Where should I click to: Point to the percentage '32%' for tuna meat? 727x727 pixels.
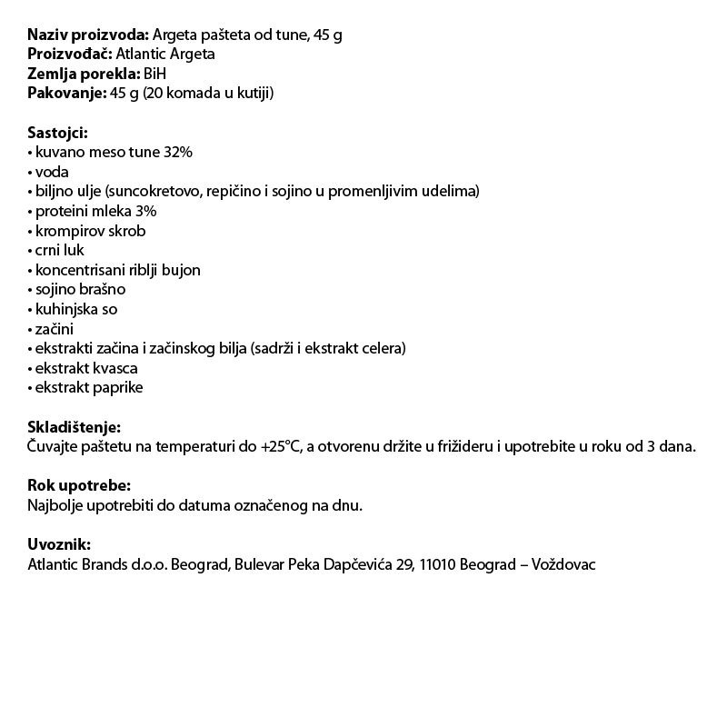pos(178,153)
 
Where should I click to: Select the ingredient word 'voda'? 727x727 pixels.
pos(52,172)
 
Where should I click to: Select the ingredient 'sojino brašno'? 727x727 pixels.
pos(80,290)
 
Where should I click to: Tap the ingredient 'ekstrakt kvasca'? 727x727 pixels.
pos(86,368)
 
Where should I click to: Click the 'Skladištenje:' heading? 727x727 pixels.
pos(74,427)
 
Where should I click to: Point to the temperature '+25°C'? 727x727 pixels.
pos(279,447)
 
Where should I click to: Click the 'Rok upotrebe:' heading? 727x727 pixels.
pos(79,485)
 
